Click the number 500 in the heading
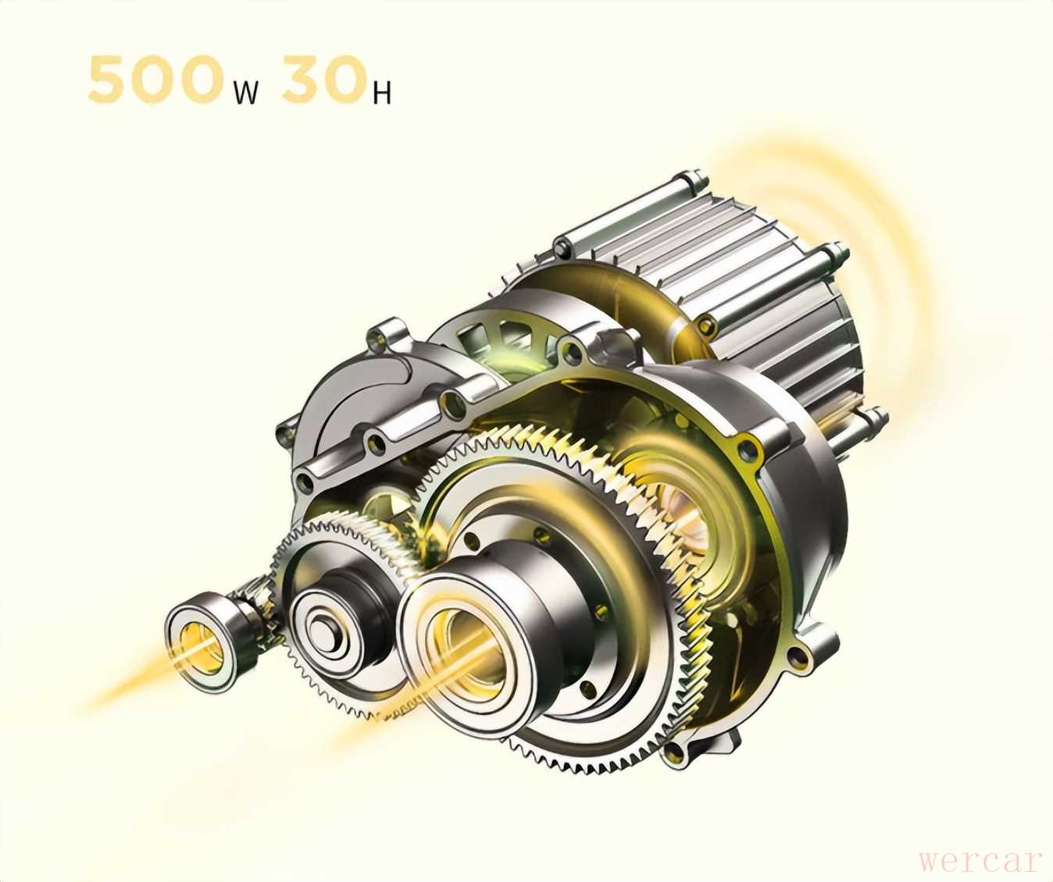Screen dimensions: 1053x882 tap(155, 79)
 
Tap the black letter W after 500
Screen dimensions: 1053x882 tap(245, 93)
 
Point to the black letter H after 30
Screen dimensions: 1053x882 tap(382, 93)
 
